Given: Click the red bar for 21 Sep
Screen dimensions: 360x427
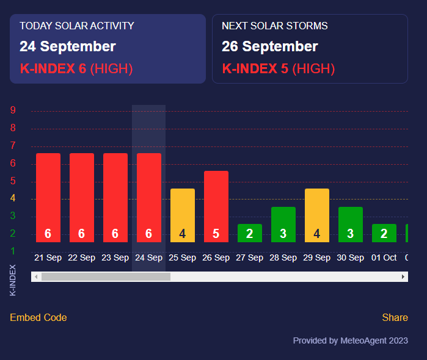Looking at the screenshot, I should point(48,197).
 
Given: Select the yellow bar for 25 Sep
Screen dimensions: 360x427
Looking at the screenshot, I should point(182,215).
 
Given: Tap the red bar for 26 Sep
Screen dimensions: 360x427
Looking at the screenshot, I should point(216,206).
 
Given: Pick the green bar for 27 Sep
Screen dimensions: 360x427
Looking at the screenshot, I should point(249,233).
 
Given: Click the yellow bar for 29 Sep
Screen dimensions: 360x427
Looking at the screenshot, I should point(316,215).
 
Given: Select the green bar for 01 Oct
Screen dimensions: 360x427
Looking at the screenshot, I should point(384,233).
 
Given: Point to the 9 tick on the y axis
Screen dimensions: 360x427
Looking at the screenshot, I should point(13,110).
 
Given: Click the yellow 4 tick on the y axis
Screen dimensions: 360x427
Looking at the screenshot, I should point(13,198).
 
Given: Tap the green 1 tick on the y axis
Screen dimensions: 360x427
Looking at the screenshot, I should point(13,251).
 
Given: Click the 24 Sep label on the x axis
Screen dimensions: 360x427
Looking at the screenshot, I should point(148,258).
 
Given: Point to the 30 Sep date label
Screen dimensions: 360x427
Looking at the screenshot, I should point(350,258).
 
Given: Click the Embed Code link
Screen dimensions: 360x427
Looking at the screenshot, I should point(38,317).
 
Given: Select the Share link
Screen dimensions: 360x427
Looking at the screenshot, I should point(395,317).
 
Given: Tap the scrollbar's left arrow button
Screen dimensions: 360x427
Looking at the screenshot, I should point(36,277).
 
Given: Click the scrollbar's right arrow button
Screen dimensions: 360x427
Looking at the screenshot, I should point(403,277).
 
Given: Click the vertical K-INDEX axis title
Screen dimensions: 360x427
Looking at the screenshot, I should point(13,280).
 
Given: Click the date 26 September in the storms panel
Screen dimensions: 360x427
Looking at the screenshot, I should point(269,47).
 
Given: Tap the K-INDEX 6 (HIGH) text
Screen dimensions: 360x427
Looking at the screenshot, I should point(76,68).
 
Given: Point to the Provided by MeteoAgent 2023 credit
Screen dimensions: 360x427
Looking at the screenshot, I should point(350,340).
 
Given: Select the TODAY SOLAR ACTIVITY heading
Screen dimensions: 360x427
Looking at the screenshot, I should point(77,26).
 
